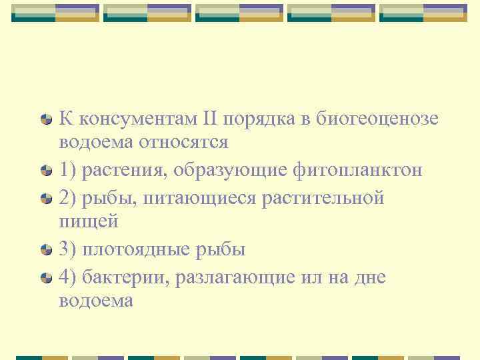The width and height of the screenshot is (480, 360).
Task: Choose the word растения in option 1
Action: point(125,169)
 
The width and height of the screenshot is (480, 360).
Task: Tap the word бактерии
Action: point(123,276)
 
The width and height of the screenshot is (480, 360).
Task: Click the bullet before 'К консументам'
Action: point(46,119)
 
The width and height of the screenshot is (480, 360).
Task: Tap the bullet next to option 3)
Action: point(46,251)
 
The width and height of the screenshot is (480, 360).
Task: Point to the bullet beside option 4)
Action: point(46,277)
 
